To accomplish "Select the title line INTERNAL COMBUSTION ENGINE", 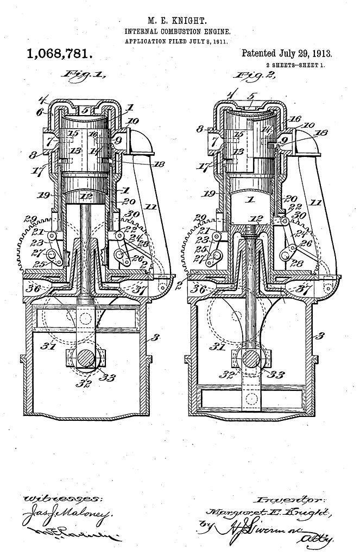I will pos(178,32).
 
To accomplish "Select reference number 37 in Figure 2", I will pos(305,288).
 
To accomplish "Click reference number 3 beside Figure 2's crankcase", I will pos(320,336).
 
